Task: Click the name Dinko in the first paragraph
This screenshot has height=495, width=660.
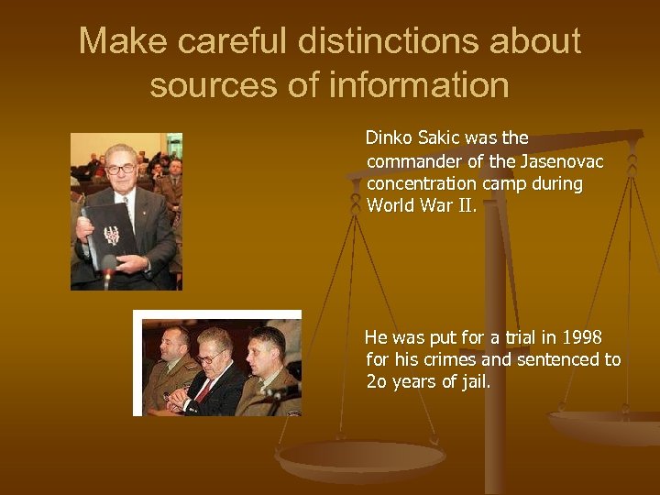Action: point(388,138)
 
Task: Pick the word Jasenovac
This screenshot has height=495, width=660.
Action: point(559,161)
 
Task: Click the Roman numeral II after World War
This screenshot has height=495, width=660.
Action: point(466,205)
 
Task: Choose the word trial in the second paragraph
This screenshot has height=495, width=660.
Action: point(518,338)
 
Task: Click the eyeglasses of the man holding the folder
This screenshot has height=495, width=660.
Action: point(121,169)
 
